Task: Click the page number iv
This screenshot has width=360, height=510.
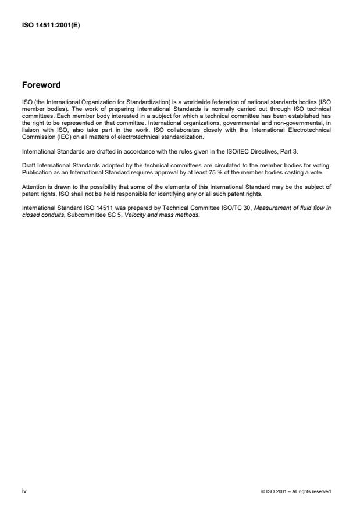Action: [x=24, y=491]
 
